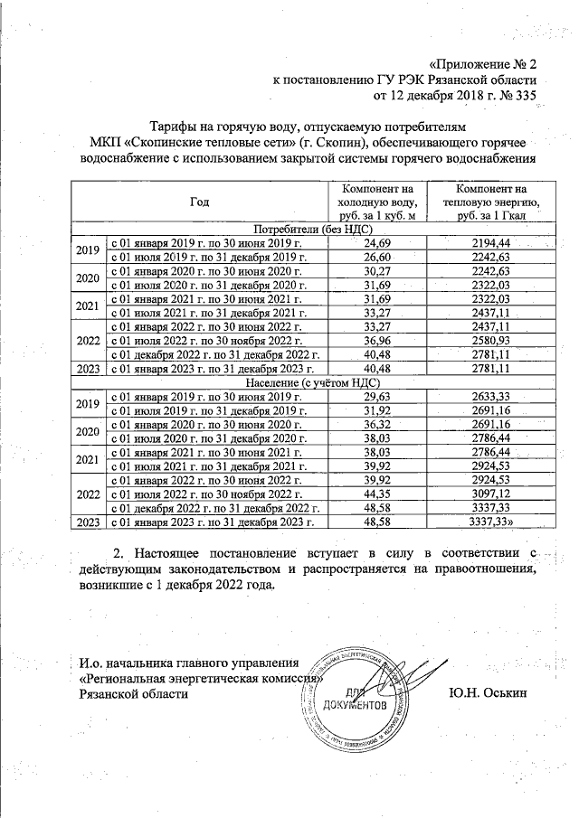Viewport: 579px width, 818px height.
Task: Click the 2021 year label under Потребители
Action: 88,306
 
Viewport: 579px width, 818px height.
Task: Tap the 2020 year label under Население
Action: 88,431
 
